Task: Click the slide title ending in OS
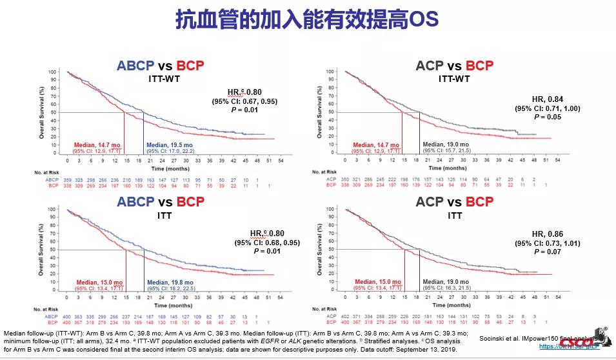click(x=307, y=19)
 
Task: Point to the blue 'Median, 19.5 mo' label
click(x=170, y=145)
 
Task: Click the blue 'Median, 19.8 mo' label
click(x=171, y=282)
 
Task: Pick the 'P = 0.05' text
click(x=547, y=117)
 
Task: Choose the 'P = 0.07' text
click(x=547, y=252)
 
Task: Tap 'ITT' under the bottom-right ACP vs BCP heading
click(x=453, y=215)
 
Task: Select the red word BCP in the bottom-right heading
click(x=479, y=201)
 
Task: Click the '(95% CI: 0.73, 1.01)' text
click(x=547, y=243)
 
